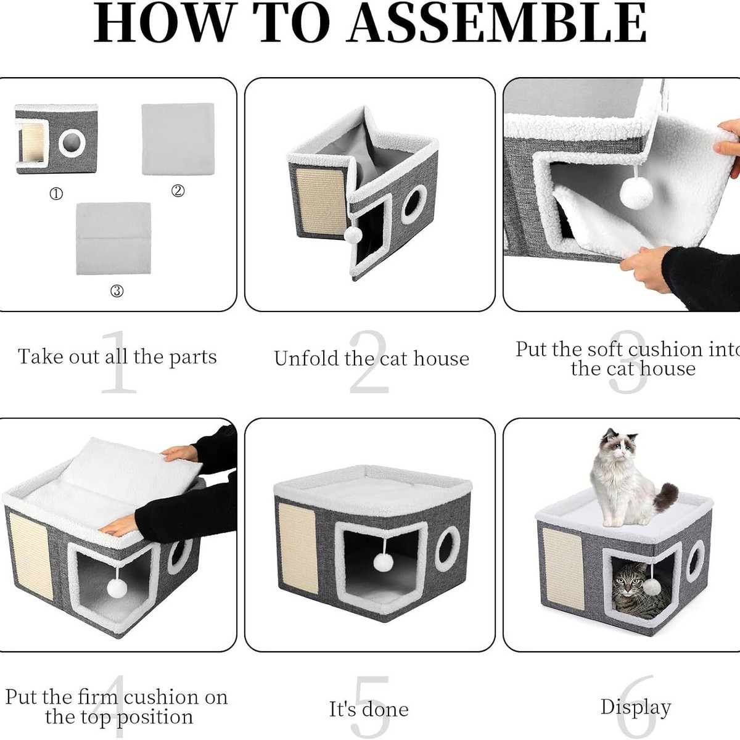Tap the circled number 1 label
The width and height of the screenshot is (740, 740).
tap(56, 194)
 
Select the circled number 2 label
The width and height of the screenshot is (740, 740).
tap(178, 191)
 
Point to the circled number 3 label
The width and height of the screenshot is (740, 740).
tap(117, 291)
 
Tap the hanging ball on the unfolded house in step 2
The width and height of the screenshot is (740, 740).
tap(353, 234)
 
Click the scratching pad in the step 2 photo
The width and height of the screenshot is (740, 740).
tap(321, 202)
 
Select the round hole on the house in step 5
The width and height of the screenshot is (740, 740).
tap(447, 549)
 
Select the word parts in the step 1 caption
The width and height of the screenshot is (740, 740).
tap(193, 358)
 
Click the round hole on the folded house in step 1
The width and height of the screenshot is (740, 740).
tap(72, 143)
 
